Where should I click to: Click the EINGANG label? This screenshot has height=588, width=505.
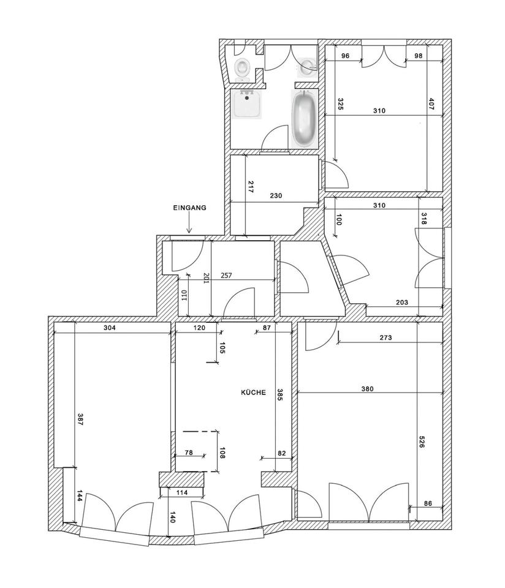[x=189, y=208]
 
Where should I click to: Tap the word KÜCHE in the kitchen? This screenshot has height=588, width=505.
[x=253, y=393]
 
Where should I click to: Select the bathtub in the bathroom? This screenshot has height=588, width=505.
[x=304, y=119]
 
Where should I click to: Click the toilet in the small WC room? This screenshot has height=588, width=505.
[x=242, y=68]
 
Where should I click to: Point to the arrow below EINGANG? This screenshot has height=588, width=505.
[x=189, y=227]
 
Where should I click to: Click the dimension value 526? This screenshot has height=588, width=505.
[x=422, y=443]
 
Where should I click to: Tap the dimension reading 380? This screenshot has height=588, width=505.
[x=367, y=388]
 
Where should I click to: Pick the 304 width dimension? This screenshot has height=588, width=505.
[x=110, y=327]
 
